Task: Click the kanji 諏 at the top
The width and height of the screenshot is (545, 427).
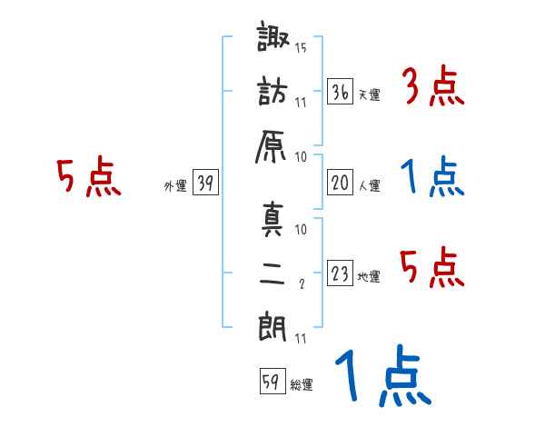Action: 272,41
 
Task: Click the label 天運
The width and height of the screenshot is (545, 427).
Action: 369,95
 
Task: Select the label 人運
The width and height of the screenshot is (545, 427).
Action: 369,185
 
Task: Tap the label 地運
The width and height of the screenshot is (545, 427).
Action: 369,276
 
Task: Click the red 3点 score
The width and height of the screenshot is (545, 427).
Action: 433,89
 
